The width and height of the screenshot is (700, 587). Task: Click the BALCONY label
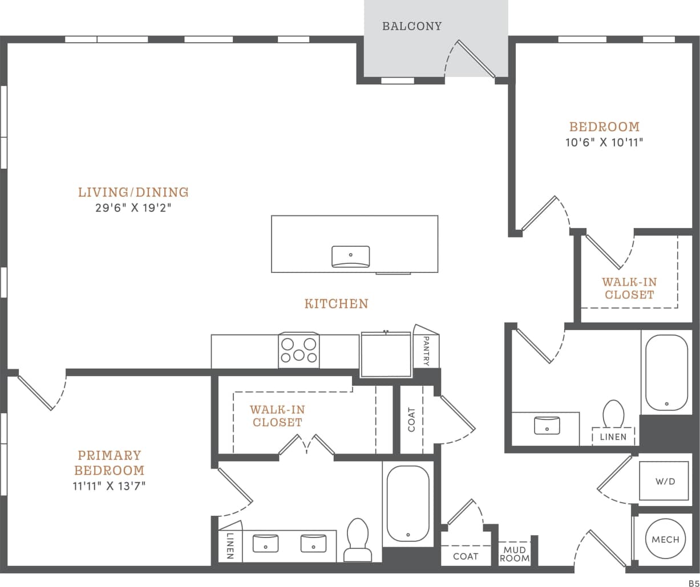click(x=412, y=26)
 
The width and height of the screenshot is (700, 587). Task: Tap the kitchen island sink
click(x=350, y=256)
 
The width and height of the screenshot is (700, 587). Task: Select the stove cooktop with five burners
click(x=299, y=350)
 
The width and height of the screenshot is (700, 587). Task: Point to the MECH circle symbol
click(x=665, y=539)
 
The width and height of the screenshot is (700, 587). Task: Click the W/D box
click(x=665, y=481)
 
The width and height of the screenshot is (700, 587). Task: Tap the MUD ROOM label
click(x=515, y=554)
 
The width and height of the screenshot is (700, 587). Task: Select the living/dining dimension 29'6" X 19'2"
click(x=133, y=208)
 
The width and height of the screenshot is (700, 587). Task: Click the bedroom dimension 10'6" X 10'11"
click(x=604, y=142)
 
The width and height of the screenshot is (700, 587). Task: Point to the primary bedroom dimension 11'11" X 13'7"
click(x=109, y=486)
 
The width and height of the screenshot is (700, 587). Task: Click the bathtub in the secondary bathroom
click(x=666, y=372)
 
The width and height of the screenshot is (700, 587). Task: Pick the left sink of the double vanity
click(x=266, y=543)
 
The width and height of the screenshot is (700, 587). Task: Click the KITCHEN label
click(x=336, y=304)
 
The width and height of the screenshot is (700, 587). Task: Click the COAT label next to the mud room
click(x=466, y=556)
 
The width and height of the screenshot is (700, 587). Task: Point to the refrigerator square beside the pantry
click(x=386, y=355)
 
